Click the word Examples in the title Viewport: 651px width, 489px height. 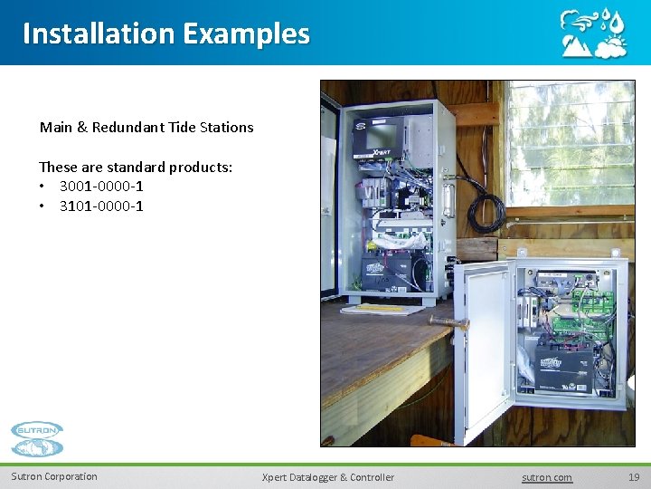(245, 34)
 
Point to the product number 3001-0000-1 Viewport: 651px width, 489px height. (101, 187)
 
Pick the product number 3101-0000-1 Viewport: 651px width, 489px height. (101, 206)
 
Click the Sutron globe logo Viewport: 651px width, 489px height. (37, 439)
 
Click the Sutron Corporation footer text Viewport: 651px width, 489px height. (54, 477)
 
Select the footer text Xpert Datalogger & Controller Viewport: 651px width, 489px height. (327, 477)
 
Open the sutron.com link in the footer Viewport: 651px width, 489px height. (547, 477)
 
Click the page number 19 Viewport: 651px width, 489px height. (633, 477)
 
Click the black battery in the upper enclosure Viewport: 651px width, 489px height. (386, 269)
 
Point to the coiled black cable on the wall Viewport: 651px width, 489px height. (485, 204)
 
